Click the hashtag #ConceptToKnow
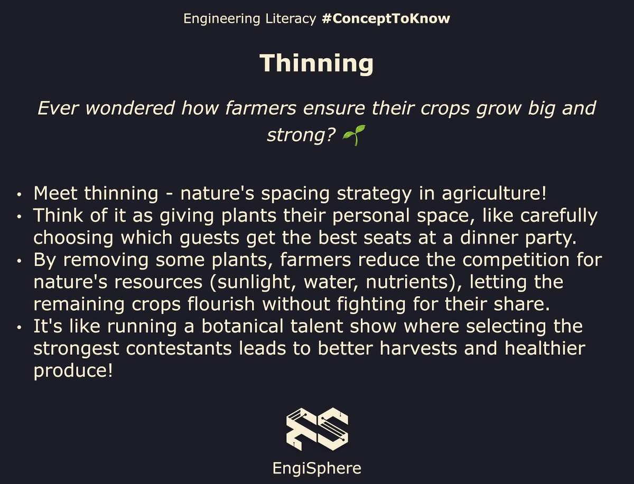(x=386, y=19)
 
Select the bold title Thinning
(x=316, y=64)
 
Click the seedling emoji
(x=354, y=136)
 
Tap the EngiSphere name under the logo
(x=316, y=468)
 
